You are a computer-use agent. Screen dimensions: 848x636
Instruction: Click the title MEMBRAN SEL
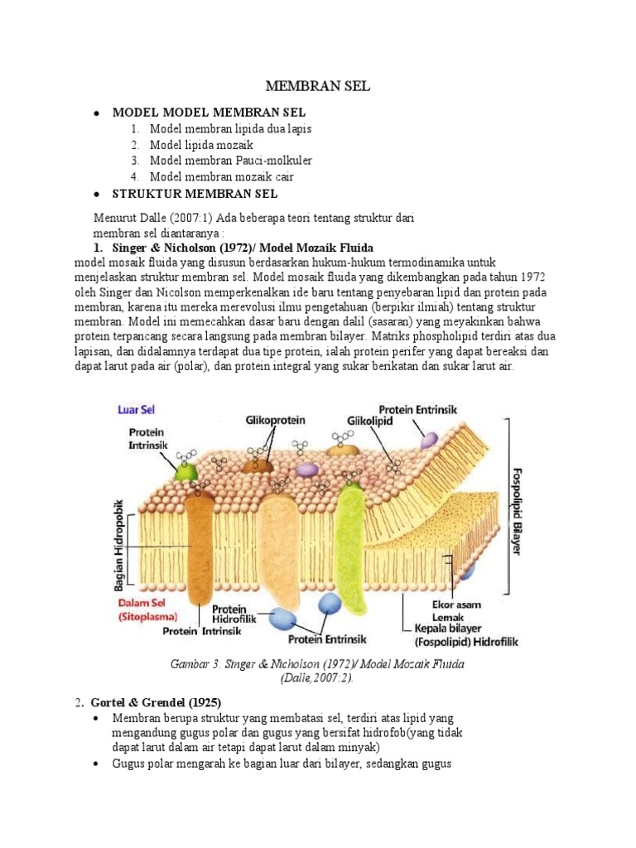317,86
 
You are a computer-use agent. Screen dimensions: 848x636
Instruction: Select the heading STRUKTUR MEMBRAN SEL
195,194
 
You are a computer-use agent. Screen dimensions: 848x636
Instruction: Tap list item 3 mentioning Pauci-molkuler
231,161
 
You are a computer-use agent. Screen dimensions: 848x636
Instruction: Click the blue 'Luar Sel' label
137,409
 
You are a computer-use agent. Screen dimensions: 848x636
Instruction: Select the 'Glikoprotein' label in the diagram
272,421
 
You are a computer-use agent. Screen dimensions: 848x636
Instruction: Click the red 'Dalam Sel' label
141,604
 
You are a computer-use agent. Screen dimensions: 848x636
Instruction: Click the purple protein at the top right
428,440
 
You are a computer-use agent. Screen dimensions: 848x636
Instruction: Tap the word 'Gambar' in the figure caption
191,664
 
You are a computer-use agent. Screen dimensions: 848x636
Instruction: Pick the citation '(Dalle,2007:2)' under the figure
318,677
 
